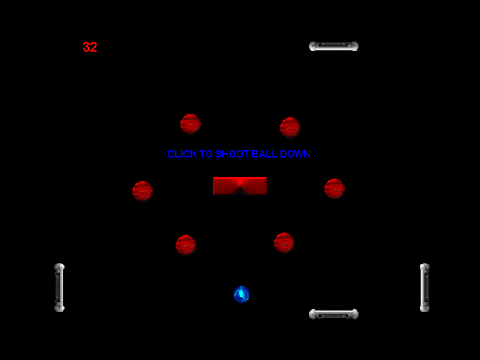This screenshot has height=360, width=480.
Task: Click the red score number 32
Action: click(x=90, y=47)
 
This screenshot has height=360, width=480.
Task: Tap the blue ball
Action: click(x=241, y=295)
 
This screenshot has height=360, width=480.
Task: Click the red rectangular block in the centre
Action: click(x=240, y=186)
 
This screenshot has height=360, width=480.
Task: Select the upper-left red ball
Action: click(x=190, y=124)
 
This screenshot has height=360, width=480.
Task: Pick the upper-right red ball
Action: click(x=290, y=127)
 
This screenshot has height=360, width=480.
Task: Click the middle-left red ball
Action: click(x=142, y=191)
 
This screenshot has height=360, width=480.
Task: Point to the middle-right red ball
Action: click(x=334, y=188)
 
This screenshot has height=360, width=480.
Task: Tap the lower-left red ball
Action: click(x=186, y=244)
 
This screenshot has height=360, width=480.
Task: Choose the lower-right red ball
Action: click(x=284, y=242)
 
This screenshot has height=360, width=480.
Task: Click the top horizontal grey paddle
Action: click(x=334, y=46)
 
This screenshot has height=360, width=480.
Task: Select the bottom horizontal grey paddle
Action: click(x=334, y=314)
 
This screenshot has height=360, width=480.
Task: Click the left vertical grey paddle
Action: click(x=59, y=287)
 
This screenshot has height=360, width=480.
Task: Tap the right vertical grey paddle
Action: click(x=424, y=287)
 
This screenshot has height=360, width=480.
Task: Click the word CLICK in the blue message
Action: click(x=181, y=154)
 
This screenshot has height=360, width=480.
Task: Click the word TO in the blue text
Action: click(x=206, y=154)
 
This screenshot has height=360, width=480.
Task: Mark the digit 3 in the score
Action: click(x=86, y=47)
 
